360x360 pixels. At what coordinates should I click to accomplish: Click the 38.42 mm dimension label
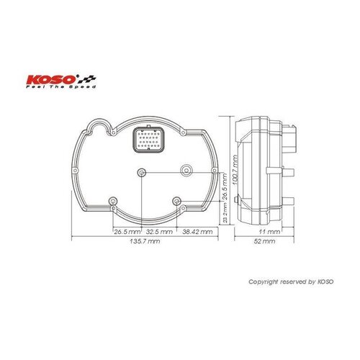coord(197,233)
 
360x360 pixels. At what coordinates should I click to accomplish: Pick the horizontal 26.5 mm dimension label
coord(127,233)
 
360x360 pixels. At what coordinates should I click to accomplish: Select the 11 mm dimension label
coord(267,233)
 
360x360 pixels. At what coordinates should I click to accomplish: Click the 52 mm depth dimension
coord(266,243)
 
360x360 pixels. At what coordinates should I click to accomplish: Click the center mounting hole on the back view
coord(141,172)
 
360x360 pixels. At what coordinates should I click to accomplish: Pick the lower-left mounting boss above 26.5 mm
coord(111,201)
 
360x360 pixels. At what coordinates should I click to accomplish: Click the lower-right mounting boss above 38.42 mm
coord(176,201)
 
